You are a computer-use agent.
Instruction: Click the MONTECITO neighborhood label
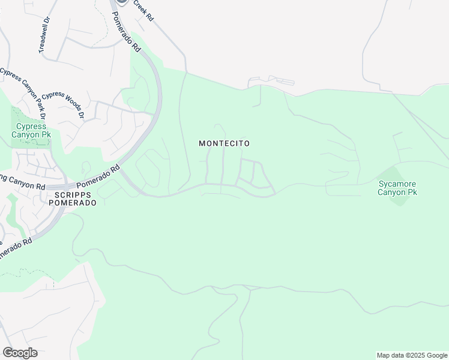(224, 144)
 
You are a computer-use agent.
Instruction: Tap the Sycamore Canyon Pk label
(397, 188)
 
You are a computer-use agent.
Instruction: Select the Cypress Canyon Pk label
(31, 131)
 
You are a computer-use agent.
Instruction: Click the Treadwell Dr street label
(44, 37)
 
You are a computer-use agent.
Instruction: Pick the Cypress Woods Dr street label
(62, 103)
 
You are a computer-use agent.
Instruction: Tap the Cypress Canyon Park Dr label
(23, 93)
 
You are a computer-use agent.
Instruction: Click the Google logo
(20, 353)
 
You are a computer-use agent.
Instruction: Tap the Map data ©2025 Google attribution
(412, 355)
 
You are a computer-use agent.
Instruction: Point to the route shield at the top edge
(122, 2)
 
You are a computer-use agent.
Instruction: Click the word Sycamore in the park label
(397, 184)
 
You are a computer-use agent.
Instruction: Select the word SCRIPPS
(67, 196)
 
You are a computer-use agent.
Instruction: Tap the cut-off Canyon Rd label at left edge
(22, 182)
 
